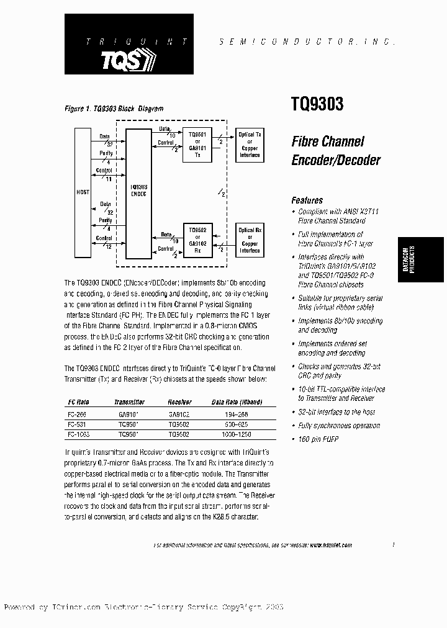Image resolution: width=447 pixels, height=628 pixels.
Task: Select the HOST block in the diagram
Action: tap(83, 192)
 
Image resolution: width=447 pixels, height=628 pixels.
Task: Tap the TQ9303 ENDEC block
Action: tap(138, 192)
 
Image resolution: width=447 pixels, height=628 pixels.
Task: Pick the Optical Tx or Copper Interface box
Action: tap(250, 145)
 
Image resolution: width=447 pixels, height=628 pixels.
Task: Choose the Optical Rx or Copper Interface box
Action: tap(250, 240)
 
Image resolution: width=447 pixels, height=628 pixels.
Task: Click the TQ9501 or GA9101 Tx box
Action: tap(197, 145)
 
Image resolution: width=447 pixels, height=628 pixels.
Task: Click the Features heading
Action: tap(307, 200)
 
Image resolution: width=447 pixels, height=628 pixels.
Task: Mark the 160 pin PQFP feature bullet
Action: tap(318, 439)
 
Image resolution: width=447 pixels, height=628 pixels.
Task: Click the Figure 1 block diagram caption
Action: tap(114, 109)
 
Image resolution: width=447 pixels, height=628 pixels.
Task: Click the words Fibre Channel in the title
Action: tap(328, 142)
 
